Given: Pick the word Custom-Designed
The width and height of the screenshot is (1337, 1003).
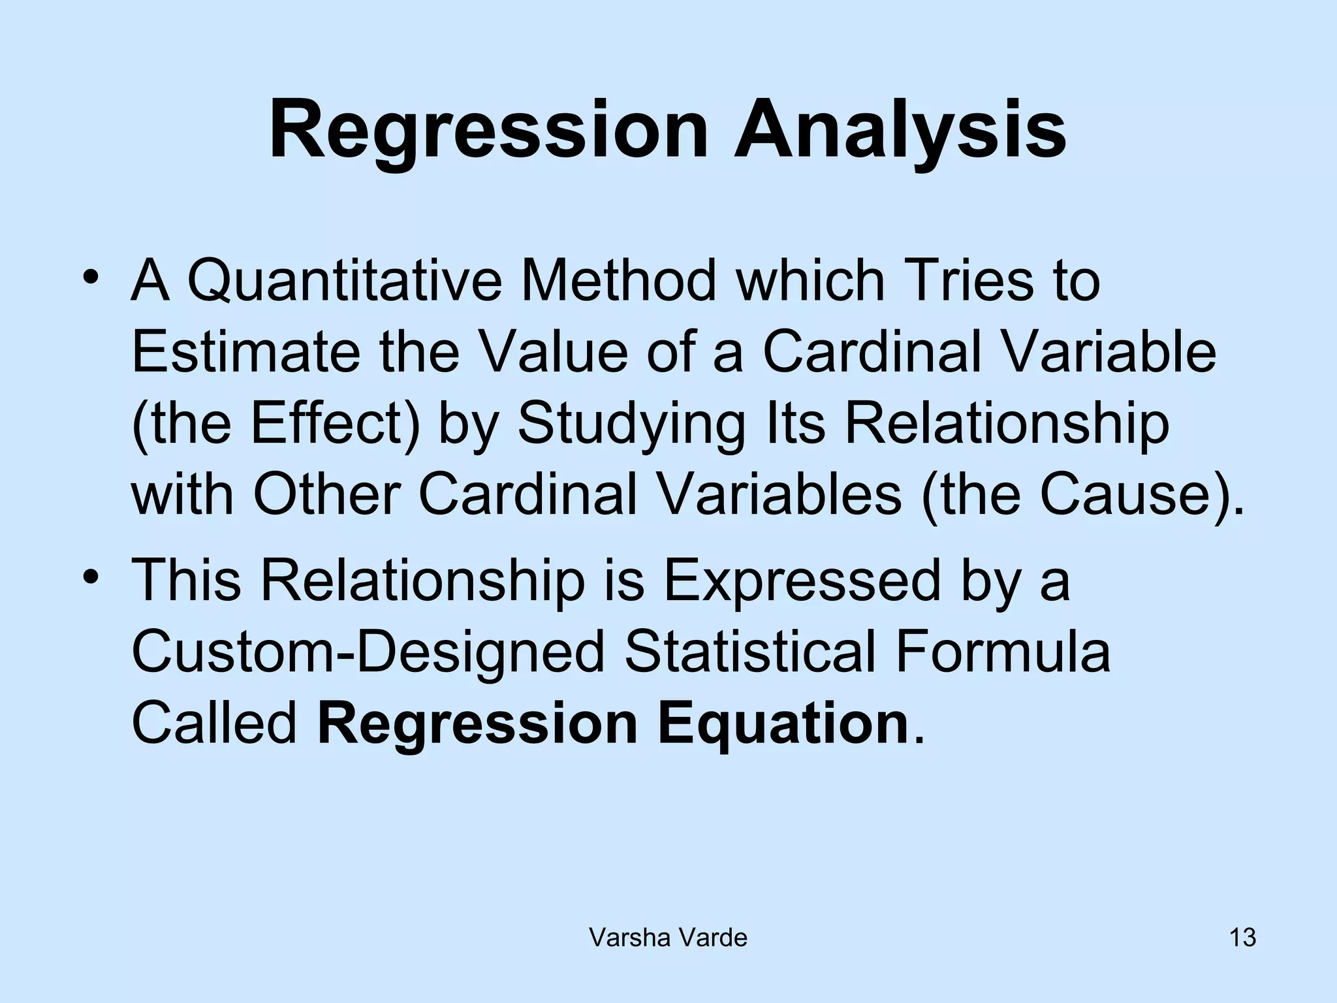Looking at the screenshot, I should point(369,653).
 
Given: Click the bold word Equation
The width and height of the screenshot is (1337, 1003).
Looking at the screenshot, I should point(783,725).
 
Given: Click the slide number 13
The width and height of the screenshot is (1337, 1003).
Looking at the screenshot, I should point(1242,938).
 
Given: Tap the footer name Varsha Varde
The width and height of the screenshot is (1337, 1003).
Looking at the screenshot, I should point(668,938).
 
